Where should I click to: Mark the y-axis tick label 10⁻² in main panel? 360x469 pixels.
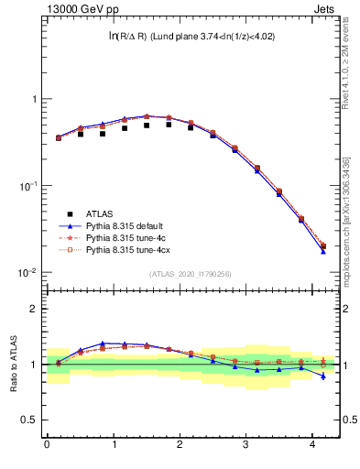pyautogui.click(x=26, y=273)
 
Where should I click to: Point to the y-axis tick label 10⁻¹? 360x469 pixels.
pyautogui.click(x=26, y=186)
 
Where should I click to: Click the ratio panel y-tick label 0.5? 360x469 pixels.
pyautogui.click(x=27, y=420)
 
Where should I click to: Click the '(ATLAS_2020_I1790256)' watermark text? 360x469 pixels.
pyautogui.click(x=190, y=274)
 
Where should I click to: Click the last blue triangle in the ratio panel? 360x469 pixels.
pyautogui.click(x=322, y=376)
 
